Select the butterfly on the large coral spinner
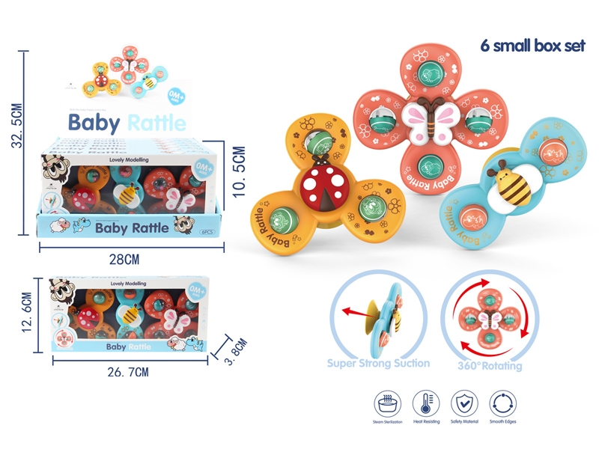(x=429, y=120)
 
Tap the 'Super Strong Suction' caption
(x=378, y=364)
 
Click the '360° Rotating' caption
(x=490, y=366)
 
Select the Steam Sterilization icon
(x=388, y=404)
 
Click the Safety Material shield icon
(x=465, y=404)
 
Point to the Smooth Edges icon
(x=503, y=404)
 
